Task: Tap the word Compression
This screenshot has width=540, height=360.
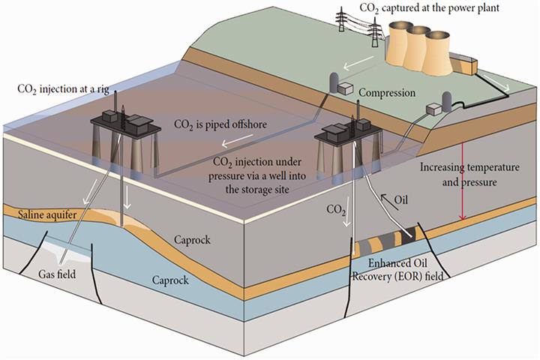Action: click(386, 93)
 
